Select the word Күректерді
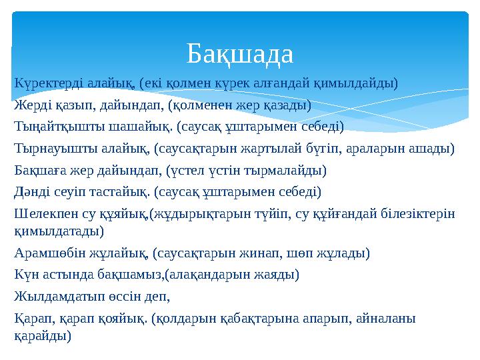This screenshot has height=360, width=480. click(45, 83)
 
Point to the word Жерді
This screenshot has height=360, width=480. click(31, 105)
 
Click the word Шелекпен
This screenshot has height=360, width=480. click(43, 213)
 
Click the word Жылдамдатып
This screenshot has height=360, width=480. click(54, 296)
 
